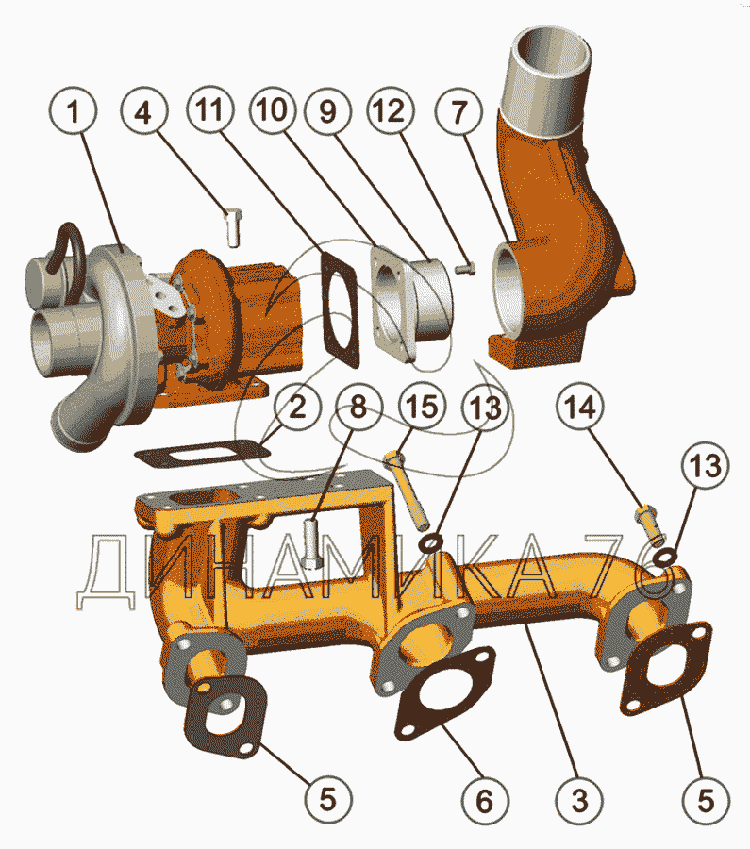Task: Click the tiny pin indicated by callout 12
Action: click(x=462, y=269)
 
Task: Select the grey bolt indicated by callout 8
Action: click(x=314, y=544)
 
